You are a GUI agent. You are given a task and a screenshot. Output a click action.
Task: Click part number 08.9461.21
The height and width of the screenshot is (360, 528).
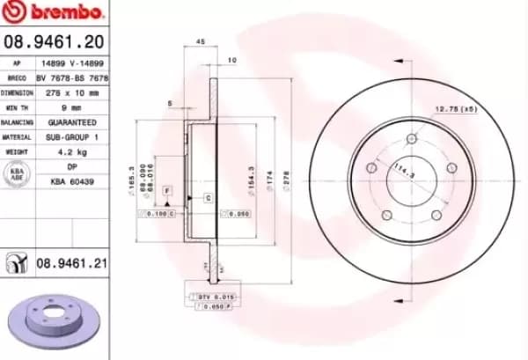pyautogui.click(x=71, y=262)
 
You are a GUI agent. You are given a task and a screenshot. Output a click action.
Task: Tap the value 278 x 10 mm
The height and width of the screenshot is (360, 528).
pyautogui.click(x=71, y=92)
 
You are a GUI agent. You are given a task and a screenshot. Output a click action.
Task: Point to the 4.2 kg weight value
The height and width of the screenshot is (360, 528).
pyautogui.click(x=71, y=151)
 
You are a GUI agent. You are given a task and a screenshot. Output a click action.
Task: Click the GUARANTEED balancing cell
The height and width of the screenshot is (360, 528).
pyautogui.click(x=71, y=122)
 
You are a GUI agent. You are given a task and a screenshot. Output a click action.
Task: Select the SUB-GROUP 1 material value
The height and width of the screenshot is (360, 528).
pyautogui.click(x=71, y=137)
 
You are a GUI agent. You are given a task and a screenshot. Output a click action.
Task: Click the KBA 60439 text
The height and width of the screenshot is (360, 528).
pyautogui.click(x=71, y=181)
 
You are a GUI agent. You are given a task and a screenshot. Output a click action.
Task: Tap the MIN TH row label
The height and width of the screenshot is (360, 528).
pyautogui.click(x=18, y=107)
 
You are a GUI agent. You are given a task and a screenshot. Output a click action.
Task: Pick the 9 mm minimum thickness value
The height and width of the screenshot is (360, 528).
pyautogui.click(x=71, y=107)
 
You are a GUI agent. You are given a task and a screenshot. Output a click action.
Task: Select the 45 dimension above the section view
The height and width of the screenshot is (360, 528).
pyautogui.click(x=200, y=41)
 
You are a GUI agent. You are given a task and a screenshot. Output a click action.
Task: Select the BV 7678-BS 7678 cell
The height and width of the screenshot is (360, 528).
pyautogui.click(x=71, y=77)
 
